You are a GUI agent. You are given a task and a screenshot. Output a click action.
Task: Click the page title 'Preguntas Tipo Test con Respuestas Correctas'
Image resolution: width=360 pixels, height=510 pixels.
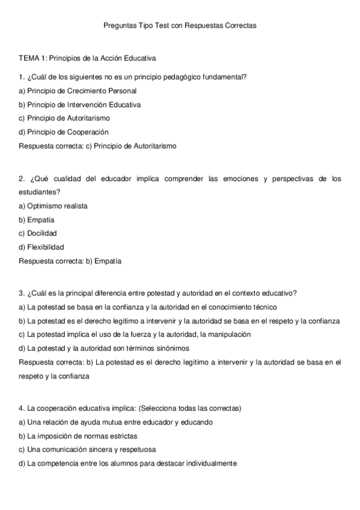(180, 26)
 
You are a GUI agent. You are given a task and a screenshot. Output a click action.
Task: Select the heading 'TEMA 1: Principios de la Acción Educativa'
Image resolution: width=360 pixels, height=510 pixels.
(88, 59)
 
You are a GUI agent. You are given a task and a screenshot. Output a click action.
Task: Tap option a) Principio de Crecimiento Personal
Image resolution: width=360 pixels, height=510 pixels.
(78, 91)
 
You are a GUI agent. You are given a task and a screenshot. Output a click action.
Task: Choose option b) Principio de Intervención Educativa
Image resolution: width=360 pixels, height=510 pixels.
(80, 105)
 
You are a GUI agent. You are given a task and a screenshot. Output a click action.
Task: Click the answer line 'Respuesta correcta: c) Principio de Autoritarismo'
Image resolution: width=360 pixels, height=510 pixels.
(97, 146)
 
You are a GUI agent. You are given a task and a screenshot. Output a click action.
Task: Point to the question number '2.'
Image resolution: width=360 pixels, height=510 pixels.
(22, 179)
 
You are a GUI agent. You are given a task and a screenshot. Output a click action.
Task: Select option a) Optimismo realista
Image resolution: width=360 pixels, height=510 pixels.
(53, 206)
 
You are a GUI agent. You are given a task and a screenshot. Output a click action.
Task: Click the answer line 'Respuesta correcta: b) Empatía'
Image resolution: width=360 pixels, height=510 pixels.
(70, 261)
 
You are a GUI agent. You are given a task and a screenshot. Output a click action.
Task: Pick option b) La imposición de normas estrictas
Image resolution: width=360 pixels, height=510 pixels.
(78, 435)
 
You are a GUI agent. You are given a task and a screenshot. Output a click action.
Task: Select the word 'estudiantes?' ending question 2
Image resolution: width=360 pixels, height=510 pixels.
(39, 192)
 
